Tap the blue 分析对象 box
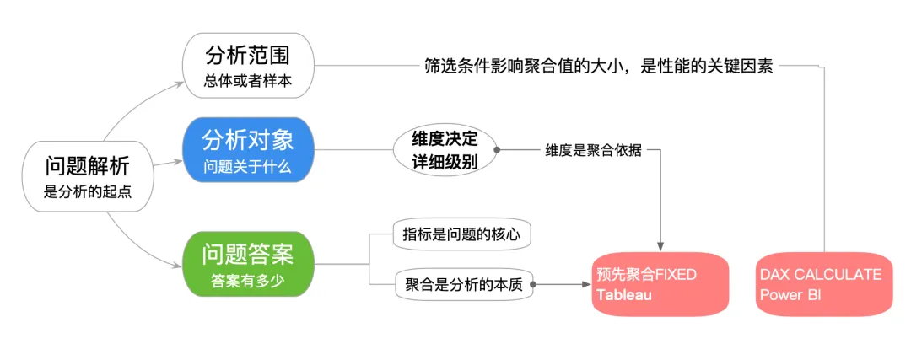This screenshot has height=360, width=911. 247,150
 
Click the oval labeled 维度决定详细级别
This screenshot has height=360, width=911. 445,150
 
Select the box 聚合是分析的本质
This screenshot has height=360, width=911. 462,285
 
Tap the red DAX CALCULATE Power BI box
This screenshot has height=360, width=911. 823,284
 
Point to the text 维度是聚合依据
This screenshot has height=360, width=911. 593,150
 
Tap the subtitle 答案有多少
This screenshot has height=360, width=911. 247,280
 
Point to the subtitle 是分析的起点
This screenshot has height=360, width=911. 88,193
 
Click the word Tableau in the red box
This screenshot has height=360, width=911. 624,295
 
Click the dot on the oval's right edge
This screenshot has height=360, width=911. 497,150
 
